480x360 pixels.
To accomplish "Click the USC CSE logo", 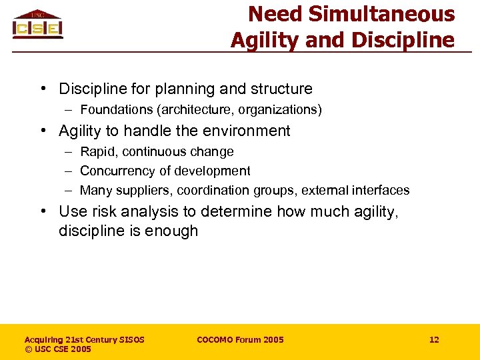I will coord(37,25).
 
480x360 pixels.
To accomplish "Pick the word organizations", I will coord(279,109).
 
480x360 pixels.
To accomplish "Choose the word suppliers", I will coord(147,191).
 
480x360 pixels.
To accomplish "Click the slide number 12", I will coord(434,340).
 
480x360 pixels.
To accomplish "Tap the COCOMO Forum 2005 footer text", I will coord(240,340).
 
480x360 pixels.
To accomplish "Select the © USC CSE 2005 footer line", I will coord(58,349).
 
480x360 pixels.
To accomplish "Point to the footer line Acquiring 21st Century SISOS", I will coord(85,340).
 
